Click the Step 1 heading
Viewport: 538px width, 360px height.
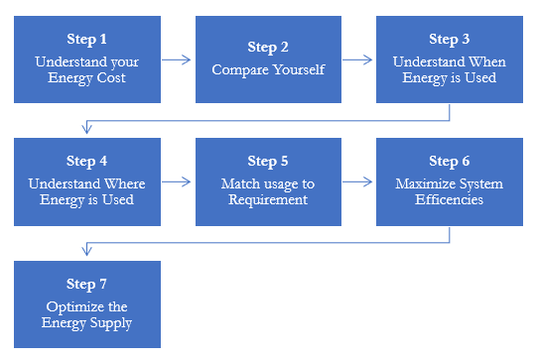click(86, 40)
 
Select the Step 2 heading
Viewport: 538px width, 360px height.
click(268, 47)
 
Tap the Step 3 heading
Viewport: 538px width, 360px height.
click(450, 40)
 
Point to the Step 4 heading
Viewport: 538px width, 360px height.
click(86, 161)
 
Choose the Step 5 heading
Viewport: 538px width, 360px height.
click(268, 161)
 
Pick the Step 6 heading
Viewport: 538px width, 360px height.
click(450, 161)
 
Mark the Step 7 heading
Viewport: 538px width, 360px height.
click(86, 283)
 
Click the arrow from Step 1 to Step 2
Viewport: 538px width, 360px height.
click(177, 60)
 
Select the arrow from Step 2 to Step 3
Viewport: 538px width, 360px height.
click(358, 60)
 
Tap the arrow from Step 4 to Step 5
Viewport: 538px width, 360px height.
click(177, 181)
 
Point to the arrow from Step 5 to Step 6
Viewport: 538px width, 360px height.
click(358, 181)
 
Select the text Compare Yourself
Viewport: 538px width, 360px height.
click(268, 70)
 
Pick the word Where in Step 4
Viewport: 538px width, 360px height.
click(125, 183)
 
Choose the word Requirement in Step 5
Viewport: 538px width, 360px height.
click(268, 199)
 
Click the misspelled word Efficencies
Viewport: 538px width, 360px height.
click(450, 199)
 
